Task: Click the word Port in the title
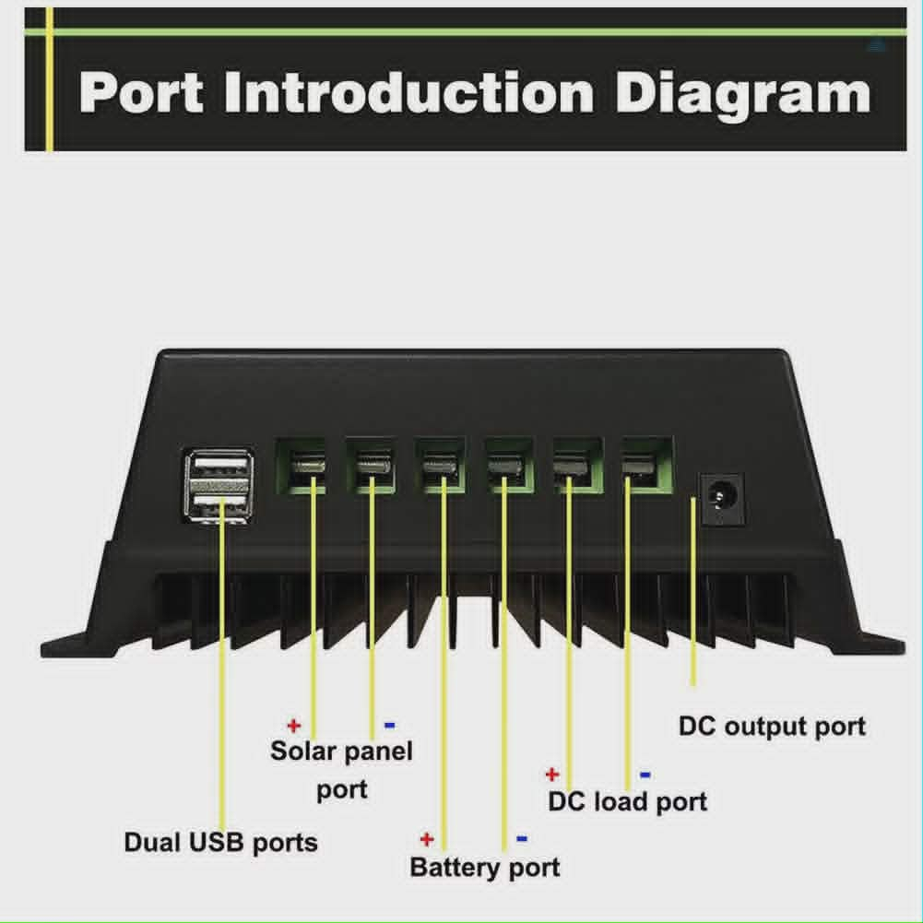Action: click(x=141, y=93)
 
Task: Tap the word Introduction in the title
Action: click(x=409, y=92)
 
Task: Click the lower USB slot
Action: click(x=219, y=502)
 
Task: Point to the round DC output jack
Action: click(x=721, y=499)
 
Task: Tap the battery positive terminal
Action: click(x=440, y=465)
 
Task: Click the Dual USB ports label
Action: click(x=220, y=843)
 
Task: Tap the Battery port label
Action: click(x=485, y=868)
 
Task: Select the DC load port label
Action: click(x=628, y=801)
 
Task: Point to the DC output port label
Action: click(x=773, y=727)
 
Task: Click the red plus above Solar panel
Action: click(x=294, y=725)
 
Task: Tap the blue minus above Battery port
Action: click(x=522, y=838)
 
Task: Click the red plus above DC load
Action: click(x=552, y=774)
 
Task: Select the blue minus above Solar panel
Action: click(x=389, y=725)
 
